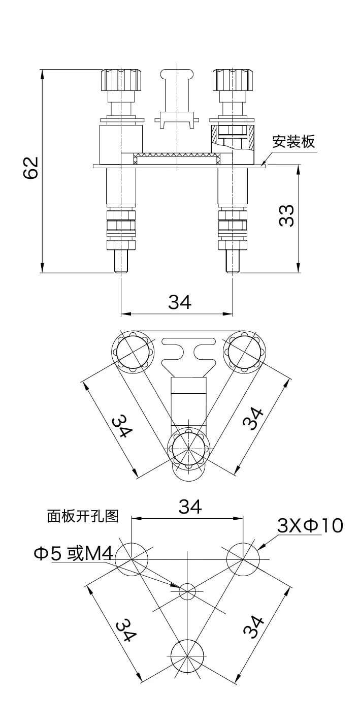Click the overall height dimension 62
31,167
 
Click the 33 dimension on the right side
287,216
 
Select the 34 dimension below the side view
180,302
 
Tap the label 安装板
293,142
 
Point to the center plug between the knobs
177,97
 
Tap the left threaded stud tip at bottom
121,262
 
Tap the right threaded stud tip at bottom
233,262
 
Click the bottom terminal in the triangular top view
188,449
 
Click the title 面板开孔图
83,516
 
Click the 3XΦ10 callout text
310,526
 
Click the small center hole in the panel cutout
187,590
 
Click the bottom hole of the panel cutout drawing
187,655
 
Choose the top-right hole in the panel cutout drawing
243,559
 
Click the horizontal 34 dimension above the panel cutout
189,507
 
